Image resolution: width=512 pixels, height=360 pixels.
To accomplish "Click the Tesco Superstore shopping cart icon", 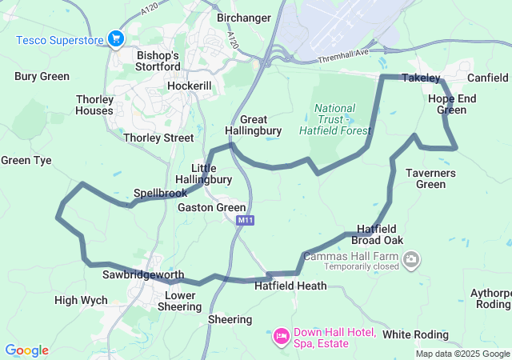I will (x=116, y=38).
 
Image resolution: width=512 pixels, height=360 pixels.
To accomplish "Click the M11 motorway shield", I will (x=246, y=220).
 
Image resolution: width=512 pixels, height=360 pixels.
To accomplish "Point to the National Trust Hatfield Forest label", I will (x=335, y=119).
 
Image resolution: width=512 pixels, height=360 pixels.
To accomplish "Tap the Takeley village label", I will (x=421, y=78).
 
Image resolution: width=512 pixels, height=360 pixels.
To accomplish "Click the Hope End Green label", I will (x=452, y=104).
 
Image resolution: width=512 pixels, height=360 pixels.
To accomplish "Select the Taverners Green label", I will (x=430, y=178).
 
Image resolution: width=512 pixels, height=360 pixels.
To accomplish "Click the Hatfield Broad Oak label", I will (x=381, y=234).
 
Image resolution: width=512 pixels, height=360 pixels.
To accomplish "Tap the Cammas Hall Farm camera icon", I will (x=411, y=258).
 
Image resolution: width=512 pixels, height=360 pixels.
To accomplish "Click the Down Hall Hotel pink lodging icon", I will (x=281, y=334).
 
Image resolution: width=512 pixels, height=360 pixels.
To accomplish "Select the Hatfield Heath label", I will (x=290, y=286).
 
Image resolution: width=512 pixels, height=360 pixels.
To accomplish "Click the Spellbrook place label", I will (x=160, y=193).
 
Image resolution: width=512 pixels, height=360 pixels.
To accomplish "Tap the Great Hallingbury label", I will (x=253, y=125).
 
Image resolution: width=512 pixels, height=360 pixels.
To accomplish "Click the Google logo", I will (x=26, y=350).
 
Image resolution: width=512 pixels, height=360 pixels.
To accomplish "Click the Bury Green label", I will (x=41, y=77).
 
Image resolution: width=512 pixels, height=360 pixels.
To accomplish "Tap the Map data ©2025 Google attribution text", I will (x=462, y=354).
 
